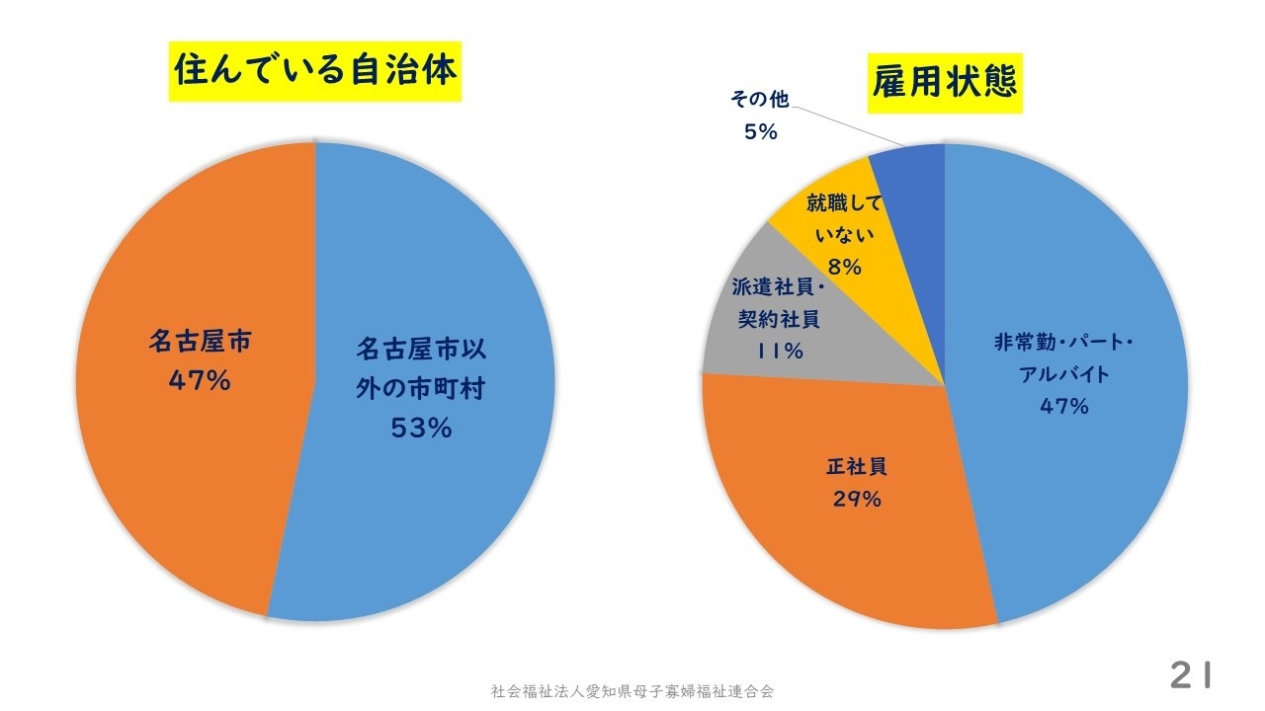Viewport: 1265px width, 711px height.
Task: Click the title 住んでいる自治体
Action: [315, 71]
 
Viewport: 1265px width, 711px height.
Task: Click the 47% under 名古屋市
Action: [200, 380]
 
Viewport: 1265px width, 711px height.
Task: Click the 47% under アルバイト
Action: [1063, 407]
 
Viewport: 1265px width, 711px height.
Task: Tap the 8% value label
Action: [845, 268]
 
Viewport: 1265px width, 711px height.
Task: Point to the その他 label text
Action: [759, 99]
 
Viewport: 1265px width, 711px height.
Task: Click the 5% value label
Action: [760, 131]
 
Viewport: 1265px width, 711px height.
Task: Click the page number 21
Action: [1190, 676]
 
